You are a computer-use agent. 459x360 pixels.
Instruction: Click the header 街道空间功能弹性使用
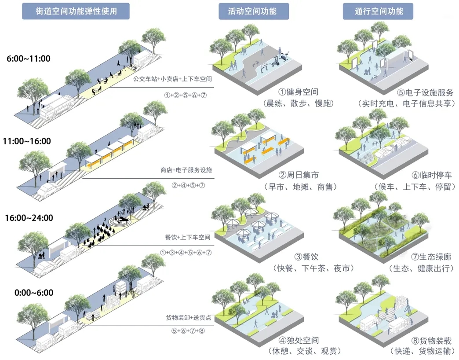[x=76, y=11]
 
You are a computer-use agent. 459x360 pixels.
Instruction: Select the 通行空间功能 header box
[x=379, y=11]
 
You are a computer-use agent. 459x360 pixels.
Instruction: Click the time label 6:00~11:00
[x=29, y=59]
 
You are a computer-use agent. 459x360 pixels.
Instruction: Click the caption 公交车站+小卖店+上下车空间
[x=173, y=79]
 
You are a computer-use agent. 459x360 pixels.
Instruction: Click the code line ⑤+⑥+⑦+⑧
[x=185, y=331]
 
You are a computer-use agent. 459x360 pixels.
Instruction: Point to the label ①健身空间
[x=299, y=92]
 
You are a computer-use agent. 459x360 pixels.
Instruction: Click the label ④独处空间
[x=299, y=340]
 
